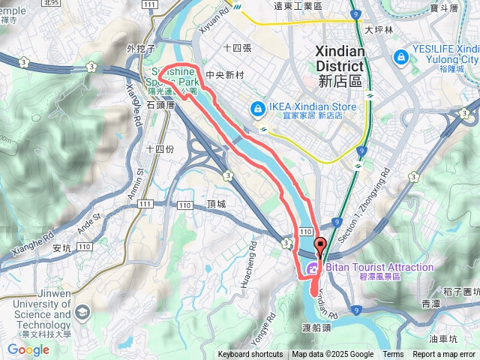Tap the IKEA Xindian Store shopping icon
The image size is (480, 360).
click(257, 109)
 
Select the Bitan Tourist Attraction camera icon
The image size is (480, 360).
click(313, 268)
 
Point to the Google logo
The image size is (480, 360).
click(28, 349)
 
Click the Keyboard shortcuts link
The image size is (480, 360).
click(250, 355)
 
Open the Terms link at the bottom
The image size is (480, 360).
click(393, 355)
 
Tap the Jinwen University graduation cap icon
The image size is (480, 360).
click(81, 310)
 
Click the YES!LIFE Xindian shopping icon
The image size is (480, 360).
click(400, 56)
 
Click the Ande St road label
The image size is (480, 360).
click(88, 221)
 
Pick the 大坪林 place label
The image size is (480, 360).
click(379, 30)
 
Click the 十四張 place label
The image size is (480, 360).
click(236, 46)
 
